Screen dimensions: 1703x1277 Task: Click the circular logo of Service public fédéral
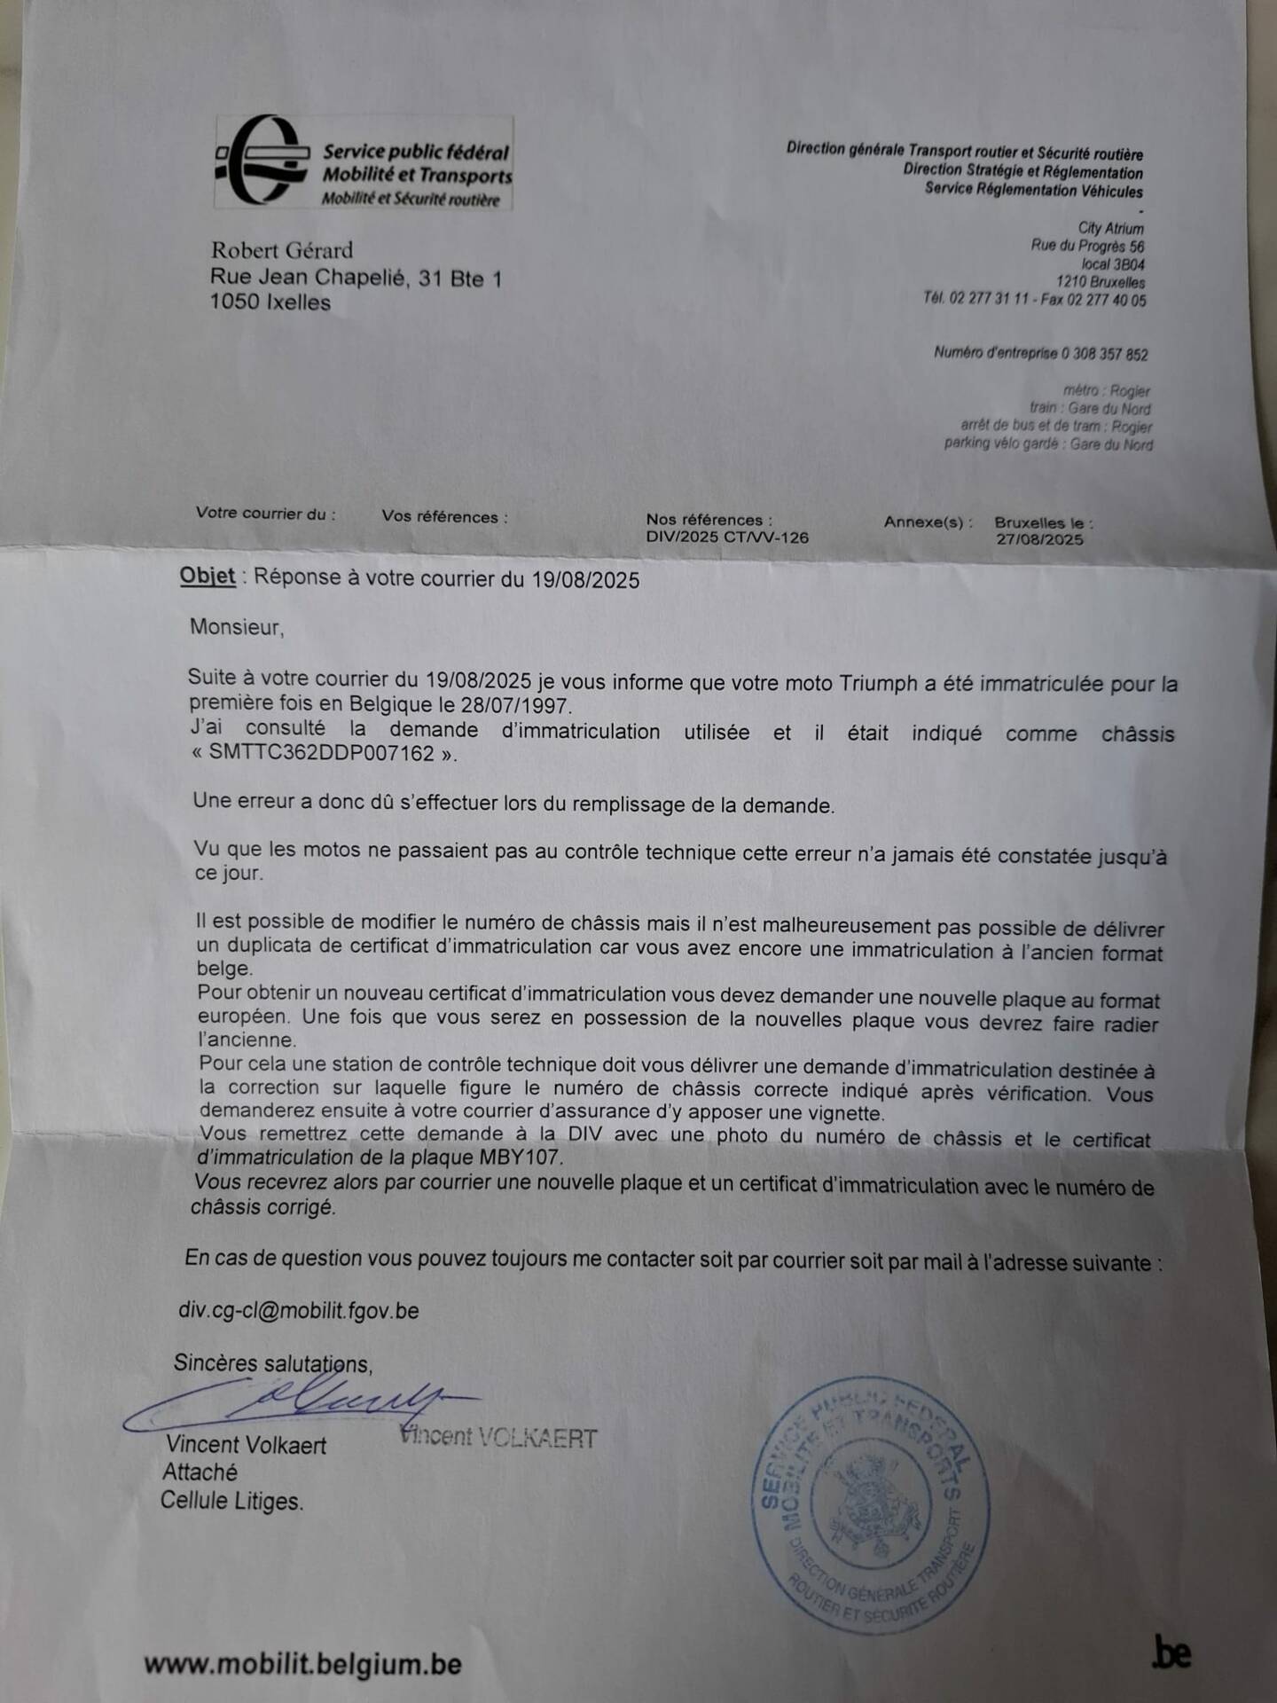tap(259, 162)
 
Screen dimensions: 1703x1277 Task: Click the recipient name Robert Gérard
tap(281, 250)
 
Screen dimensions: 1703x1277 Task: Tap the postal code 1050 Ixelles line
tap(270, 302)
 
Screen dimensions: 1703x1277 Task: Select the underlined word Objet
tap(208, 576)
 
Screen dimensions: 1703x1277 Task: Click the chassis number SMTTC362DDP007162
tap(321, 753)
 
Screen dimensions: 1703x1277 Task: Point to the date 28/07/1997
tap(516, 706)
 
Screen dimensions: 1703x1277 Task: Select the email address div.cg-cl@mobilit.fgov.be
tap(298, 1310)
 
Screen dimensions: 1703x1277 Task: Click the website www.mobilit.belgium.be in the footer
tap(302, 1664)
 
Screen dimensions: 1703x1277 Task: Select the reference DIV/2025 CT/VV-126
tap(726, 538)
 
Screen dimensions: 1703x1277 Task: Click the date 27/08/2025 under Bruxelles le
tap(1038, 539)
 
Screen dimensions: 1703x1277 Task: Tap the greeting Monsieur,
tap(236, 627)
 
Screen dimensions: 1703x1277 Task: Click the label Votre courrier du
tap(265, 514)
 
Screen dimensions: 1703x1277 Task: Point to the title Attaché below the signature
tap(200, 1472)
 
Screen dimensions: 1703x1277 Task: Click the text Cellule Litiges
tap(231, 1502)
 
